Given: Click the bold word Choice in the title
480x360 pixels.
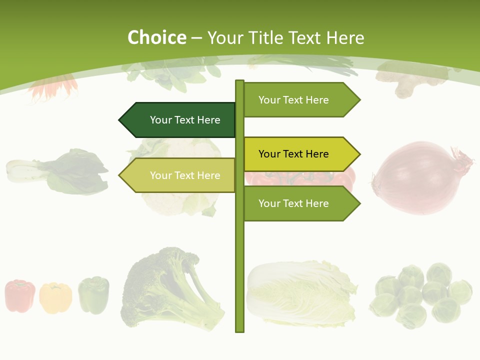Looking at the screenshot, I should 156,38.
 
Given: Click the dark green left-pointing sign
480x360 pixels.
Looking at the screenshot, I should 180,120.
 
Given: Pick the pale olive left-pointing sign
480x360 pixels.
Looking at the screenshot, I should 180,175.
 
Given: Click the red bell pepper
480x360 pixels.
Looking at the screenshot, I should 20,296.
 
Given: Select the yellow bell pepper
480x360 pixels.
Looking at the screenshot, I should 55,298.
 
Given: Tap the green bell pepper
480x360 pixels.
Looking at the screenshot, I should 93,295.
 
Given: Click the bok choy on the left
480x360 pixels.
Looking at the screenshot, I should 60,171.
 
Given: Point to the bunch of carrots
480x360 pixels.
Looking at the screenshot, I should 52,87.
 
